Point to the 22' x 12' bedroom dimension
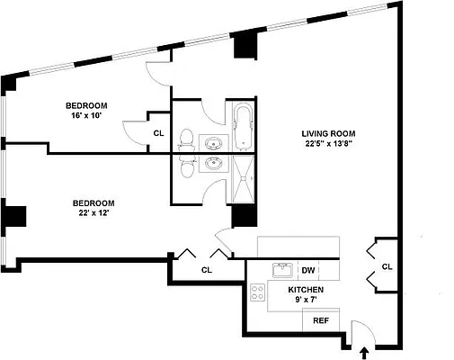pos(93,213)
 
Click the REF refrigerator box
pos(320,320)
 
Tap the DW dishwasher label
pos(307,270)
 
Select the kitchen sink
pos(281,269)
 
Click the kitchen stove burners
pos(257,292)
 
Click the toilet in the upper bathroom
pos(186,139)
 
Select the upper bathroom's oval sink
pos(215,142)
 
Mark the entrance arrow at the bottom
pos(363,349)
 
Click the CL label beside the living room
pos(387,266)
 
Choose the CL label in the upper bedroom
pos(159,132)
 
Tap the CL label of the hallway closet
pos(206,269)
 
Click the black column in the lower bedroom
pos(14,218)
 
